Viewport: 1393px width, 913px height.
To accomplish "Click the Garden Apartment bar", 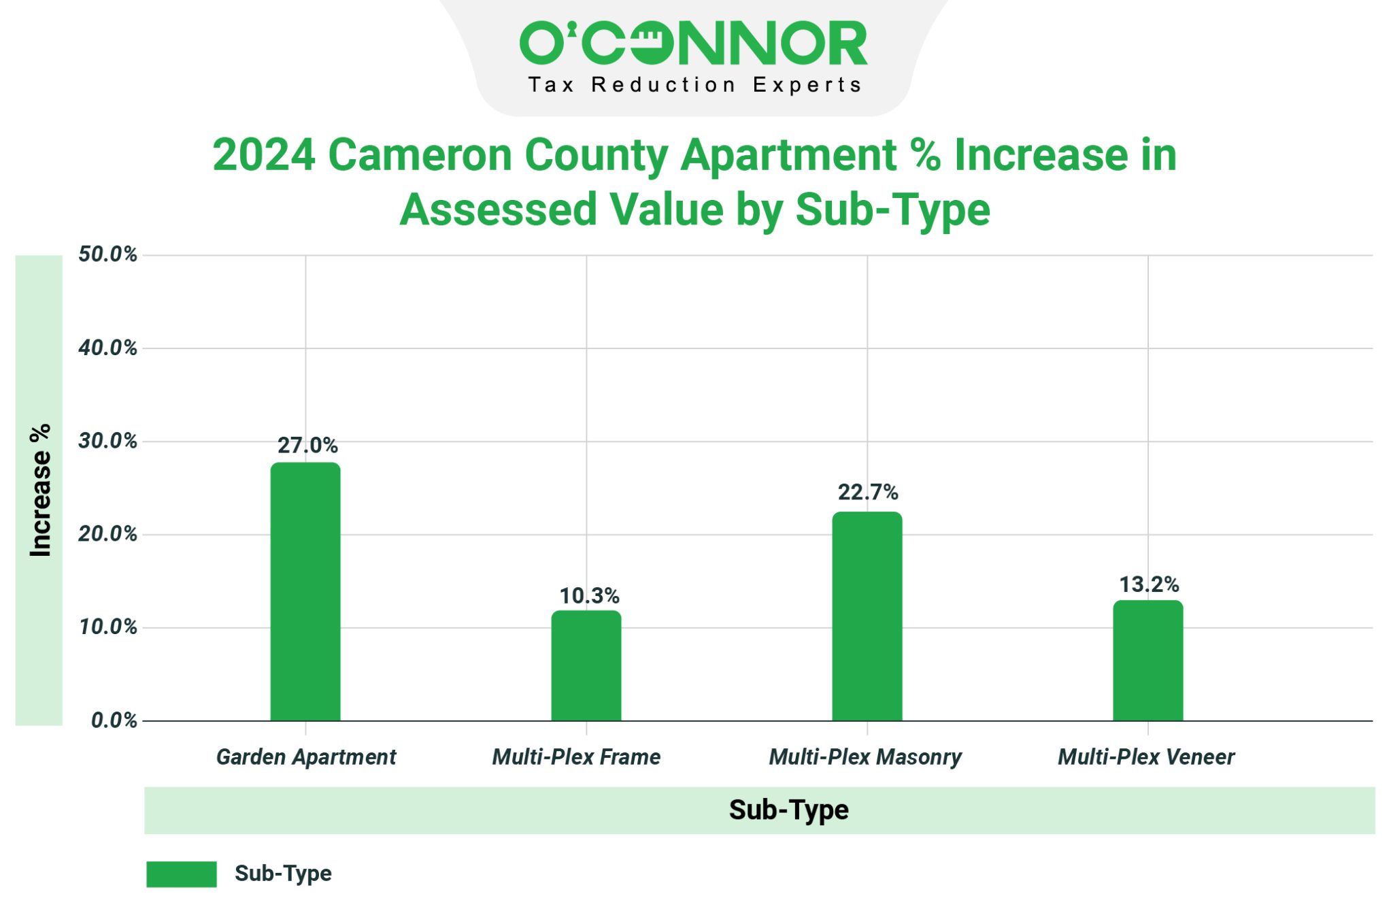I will pos(305,591).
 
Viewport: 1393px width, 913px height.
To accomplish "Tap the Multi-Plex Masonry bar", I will pos(867,616).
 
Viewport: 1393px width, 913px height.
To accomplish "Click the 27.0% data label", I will pos(307,446).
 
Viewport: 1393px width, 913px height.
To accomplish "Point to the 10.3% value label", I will pos(589,596).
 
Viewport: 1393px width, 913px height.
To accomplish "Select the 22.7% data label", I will pos(868,492).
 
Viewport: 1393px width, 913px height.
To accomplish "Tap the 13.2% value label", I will pos(1149,584).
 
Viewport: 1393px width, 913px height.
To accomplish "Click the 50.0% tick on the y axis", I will pos(107,254).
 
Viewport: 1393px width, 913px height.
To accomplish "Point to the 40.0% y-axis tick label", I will pos(107,348).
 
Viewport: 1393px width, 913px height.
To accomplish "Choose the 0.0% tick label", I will pos(114,720).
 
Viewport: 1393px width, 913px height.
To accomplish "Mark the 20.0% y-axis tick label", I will pos(107,534).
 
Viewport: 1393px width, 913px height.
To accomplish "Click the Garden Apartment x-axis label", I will pos(306,757).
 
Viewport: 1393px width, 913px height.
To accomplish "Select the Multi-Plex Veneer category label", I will pos(1146,757).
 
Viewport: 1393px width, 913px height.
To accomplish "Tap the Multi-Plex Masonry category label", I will pos(865,757).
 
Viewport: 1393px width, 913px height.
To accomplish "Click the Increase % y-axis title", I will pos(40,491).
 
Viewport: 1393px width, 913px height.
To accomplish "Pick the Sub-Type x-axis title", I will pos(788,810).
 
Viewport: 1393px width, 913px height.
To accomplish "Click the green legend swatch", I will pos(182,874).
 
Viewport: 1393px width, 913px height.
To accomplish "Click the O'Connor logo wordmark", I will pos(694,43).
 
